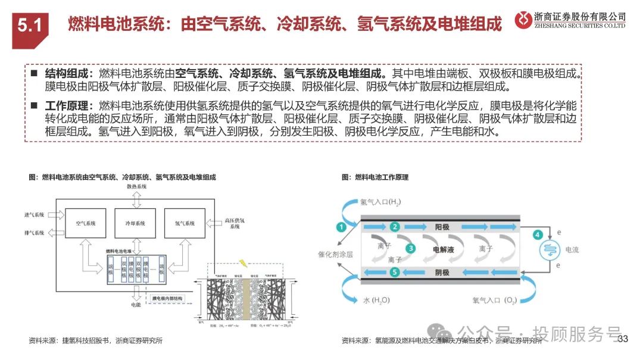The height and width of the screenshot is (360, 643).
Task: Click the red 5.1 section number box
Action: tap(29, 26)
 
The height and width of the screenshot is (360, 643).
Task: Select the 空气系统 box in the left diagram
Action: tap(86, 224)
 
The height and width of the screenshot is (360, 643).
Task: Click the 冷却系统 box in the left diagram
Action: tap(135, 224)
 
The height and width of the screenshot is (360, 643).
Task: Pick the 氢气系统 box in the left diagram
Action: tap(185, 224)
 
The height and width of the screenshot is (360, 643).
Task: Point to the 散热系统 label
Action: tap(136, 187)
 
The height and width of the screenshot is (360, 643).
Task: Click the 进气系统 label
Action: tap(35, 214)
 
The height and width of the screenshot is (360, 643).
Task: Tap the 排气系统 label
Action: tap(35, 233)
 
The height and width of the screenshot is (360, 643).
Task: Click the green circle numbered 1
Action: tap(341, 227)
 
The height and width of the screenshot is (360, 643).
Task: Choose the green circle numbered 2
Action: tap(394, 227)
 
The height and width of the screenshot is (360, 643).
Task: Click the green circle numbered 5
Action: tap(394, 273)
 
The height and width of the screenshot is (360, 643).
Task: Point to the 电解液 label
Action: tap(444, 250)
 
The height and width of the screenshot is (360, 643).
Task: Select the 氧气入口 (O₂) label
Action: tap(494, 301)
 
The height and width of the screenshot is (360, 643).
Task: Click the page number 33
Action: tap(623, 339)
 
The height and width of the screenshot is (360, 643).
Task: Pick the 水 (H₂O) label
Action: tap(376, 301)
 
